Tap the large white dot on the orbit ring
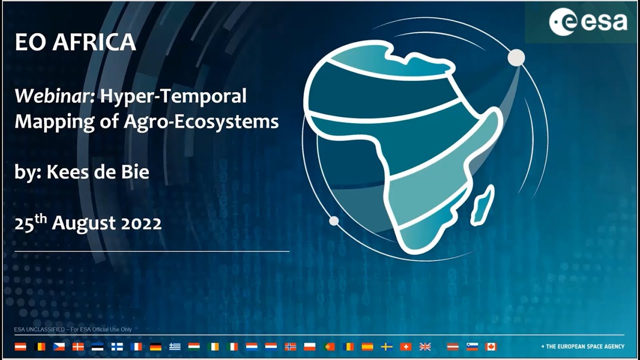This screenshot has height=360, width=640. pyautogui.click(x=516, y=58)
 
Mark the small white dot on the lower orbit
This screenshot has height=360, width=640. pyautogui.click(x=334, y=220)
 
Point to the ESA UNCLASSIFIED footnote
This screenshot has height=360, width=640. pyautogui.click(x=73, y=329)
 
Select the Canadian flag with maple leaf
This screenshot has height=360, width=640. pyautogui.click(x=491, y=346)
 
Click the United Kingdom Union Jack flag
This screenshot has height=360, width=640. pyautogui.click(x=425, y=346)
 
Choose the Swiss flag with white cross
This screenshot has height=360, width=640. pyautogui.click(x=406, y=346)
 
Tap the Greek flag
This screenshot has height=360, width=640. pyautogui.click(x=174, y=346)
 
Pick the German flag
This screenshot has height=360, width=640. pyautogui.click(x=155, y=346)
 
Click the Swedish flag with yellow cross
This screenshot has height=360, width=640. pyautogui.click(x=386, y=346)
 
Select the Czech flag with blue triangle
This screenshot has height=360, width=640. pyautogui.click(x=59, y=346)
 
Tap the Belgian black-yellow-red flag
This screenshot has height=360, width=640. pyautogui.click(x=39, y=346)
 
